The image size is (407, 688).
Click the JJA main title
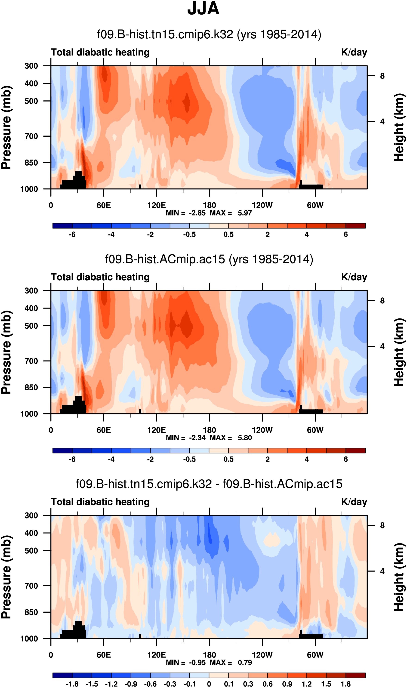tap(203, 9)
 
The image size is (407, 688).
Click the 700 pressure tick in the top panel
tap(31, 136)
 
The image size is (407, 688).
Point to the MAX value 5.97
tap(245, 213)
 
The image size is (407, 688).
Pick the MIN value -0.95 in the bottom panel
tap(197, 663)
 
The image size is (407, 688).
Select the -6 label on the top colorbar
tap(72, 234)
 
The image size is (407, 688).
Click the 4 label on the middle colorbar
tap(307, 459)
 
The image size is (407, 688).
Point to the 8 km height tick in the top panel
tap(382, 76)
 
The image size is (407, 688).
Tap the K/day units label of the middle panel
tap(354, 277)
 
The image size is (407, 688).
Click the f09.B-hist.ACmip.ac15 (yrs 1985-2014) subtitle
tap(209, 259)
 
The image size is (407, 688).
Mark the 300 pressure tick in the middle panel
tap(31, 291)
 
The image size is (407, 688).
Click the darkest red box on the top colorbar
tap(355, 226)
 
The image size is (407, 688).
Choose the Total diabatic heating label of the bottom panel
tap(100, 502)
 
